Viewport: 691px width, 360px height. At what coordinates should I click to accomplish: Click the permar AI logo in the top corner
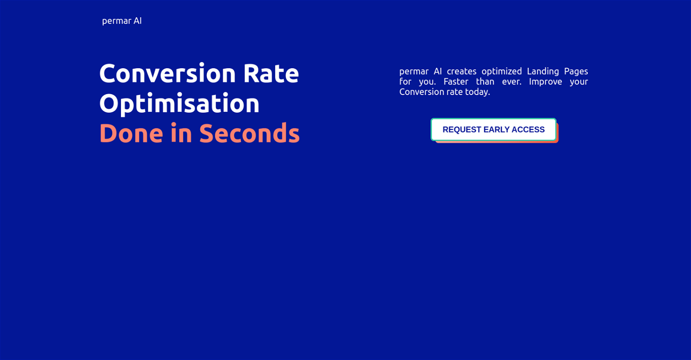coord(122,21)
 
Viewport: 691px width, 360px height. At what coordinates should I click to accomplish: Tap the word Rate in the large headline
coord(271,73)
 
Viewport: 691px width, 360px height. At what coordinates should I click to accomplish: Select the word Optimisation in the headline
coord(179,104)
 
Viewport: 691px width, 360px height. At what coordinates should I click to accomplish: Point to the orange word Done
coord(131,133)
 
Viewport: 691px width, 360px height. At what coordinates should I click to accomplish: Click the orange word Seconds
coord(249,133)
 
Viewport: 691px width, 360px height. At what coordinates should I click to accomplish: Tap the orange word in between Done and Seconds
coord(181,132)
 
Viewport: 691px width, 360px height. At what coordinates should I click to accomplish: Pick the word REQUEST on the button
coord(462,129)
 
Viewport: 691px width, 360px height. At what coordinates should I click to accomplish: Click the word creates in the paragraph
coord(461,71)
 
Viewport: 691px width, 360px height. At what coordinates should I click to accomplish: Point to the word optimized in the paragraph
coord(502,72)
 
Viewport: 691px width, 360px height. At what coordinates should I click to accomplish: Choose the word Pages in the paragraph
coord(576,72)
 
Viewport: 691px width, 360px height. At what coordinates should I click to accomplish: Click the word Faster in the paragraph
coord(456,82)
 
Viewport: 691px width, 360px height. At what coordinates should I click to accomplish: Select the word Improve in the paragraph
coord(545,82)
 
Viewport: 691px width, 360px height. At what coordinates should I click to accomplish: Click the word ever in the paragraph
coord(511,82)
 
